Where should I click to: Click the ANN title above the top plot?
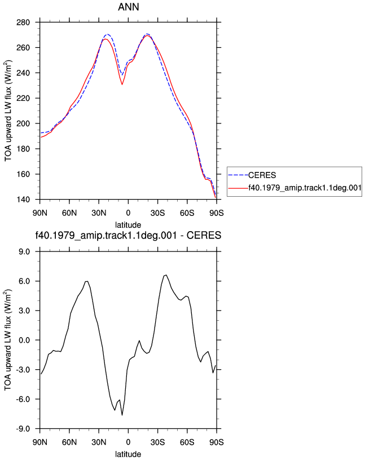128,7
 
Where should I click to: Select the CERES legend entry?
262,175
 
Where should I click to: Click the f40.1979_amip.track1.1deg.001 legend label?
305,188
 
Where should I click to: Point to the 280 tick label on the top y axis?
23,23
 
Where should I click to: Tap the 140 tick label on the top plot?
23,200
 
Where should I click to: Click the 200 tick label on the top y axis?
23,123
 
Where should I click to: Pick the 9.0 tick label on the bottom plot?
24,252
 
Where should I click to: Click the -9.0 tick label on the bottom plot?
23,429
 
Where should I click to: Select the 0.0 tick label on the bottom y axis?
24,340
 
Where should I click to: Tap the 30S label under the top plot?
158,213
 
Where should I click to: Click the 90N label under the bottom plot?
40,442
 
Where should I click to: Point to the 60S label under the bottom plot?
187,442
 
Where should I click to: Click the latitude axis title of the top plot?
128,225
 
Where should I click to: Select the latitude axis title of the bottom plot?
128,454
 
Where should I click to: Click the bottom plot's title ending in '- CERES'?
128,236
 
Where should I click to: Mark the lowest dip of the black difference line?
122,415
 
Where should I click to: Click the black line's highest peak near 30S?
166,275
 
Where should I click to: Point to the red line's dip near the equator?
122,84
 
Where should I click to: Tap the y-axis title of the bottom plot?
8,340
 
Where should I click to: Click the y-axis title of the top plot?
8,111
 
